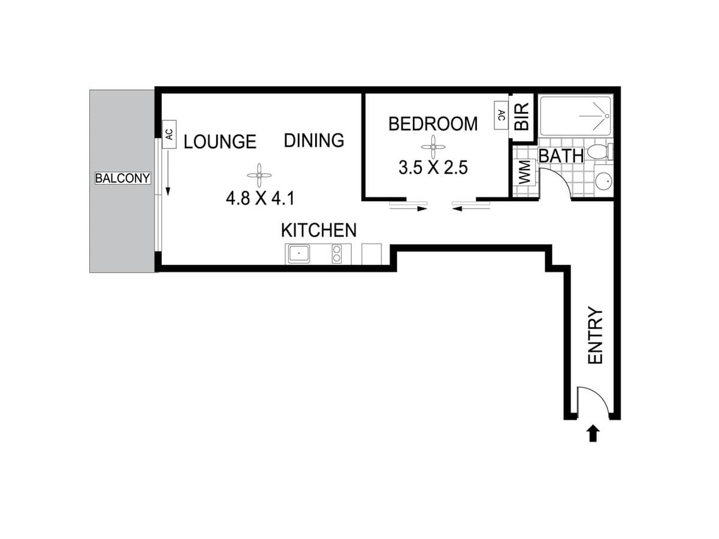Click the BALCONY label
123,178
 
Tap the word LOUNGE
220,142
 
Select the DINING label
314,141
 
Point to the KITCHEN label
319,230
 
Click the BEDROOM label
433,124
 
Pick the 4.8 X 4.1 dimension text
260,198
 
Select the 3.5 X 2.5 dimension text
433,167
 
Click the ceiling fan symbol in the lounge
259,175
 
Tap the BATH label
561,156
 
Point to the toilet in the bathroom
600,151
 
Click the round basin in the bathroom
604,180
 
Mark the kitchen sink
298,254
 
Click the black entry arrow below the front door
593,433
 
